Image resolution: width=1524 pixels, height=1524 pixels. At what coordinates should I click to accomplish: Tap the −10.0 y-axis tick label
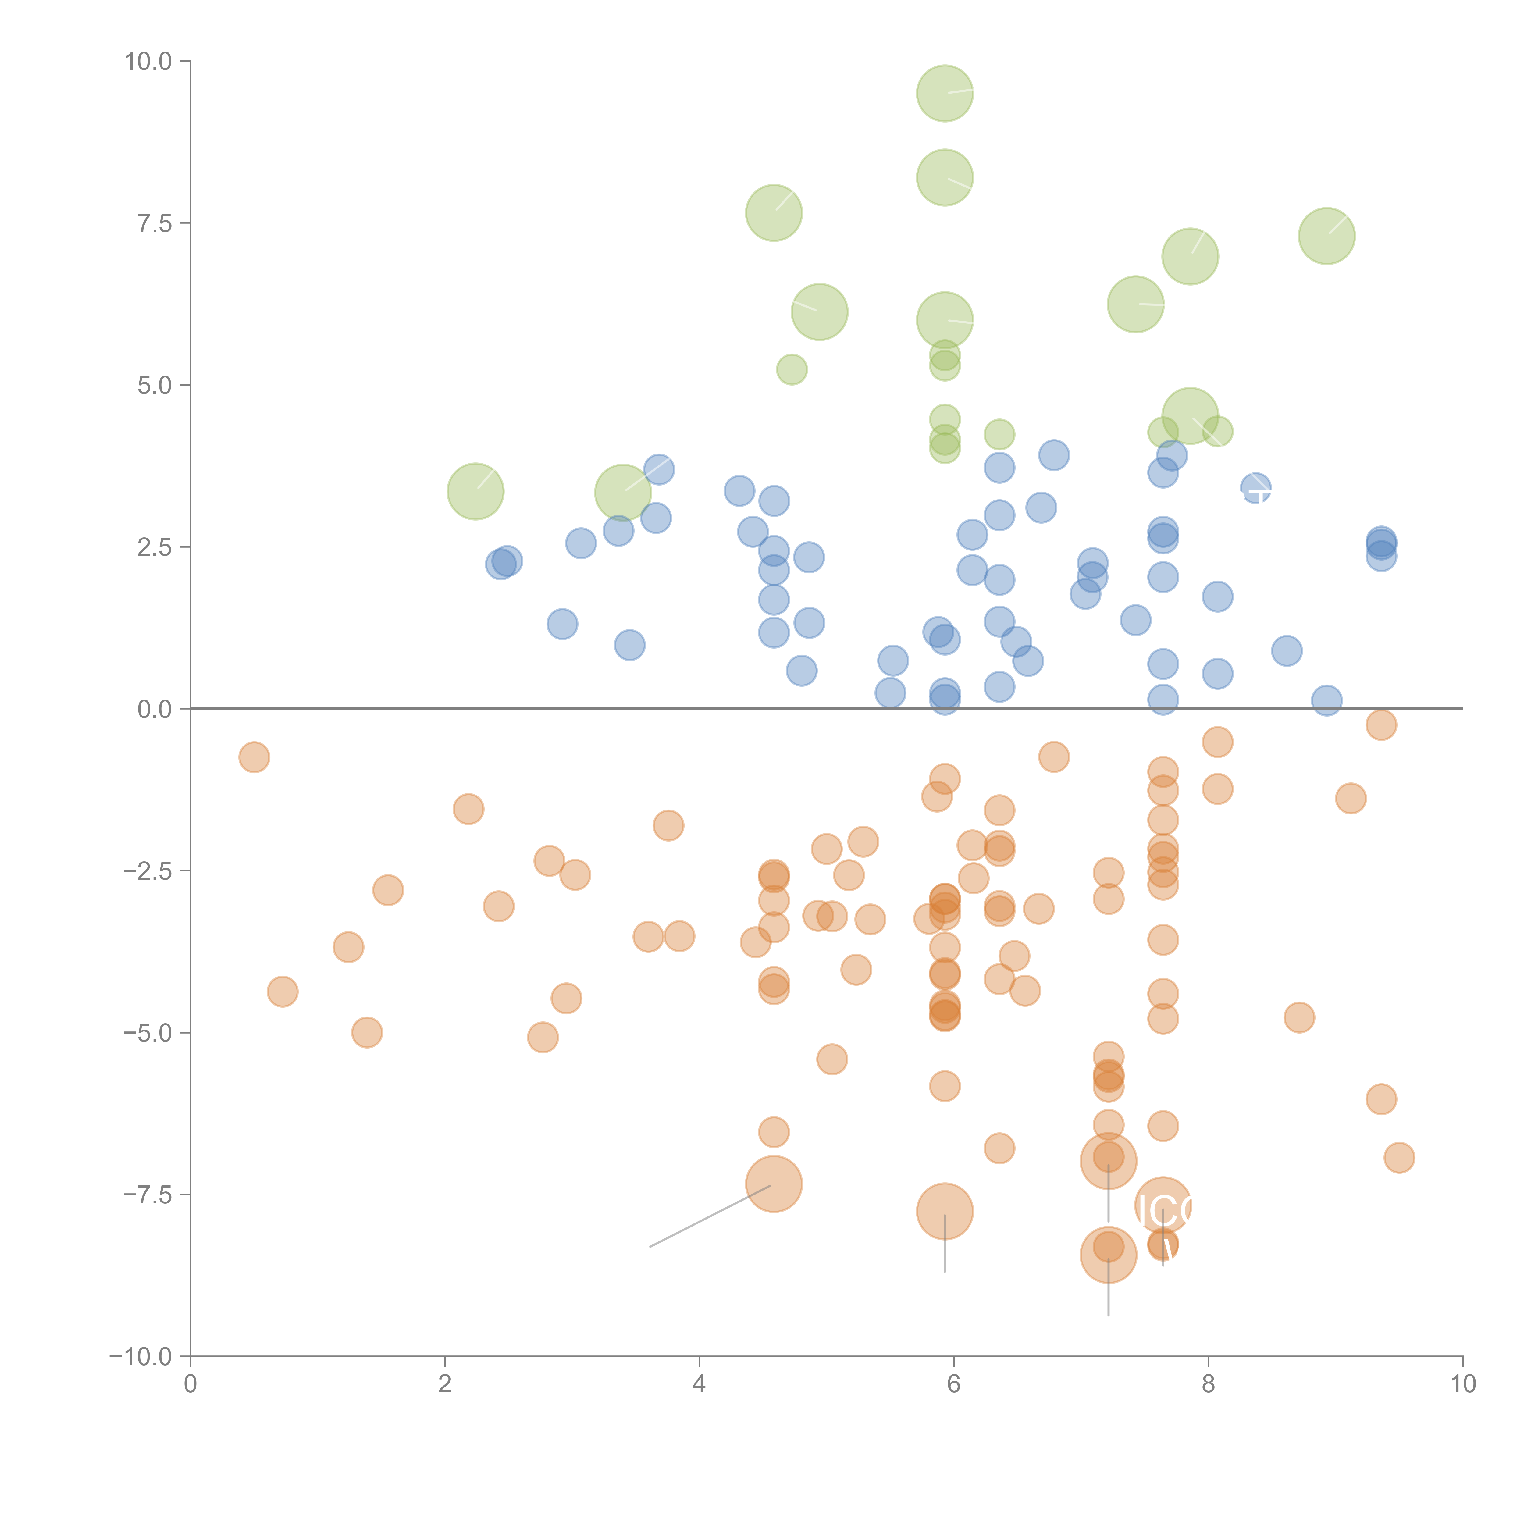[x=141, y=1357]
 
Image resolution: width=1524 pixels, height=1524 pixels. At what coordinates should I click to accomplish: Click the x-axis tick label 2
[x=445, y=1384]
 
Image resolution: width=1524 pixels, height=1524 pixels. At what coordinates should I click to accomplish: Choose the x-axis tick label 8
[x=1209, y=1384]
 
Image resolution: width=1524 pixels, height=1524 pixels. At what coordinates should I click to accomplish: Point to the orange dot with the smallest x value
[x=254, y=757]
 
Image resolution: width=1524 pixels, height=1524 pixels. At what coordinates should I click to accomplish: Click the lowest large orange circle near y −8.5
[x=1108, y=1255]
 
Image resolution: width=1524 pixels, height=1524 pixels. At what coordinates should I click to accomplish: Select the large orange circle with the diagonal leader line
[x=774, y=1184]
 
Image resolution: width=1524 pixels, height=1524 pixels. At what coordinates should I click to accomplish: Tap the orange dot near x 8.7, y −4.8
[x=1299, y=1018]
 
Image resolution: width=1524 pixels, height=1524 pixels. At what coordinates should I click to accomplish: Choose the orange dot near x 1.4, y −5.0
[x=367, y=1033]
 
